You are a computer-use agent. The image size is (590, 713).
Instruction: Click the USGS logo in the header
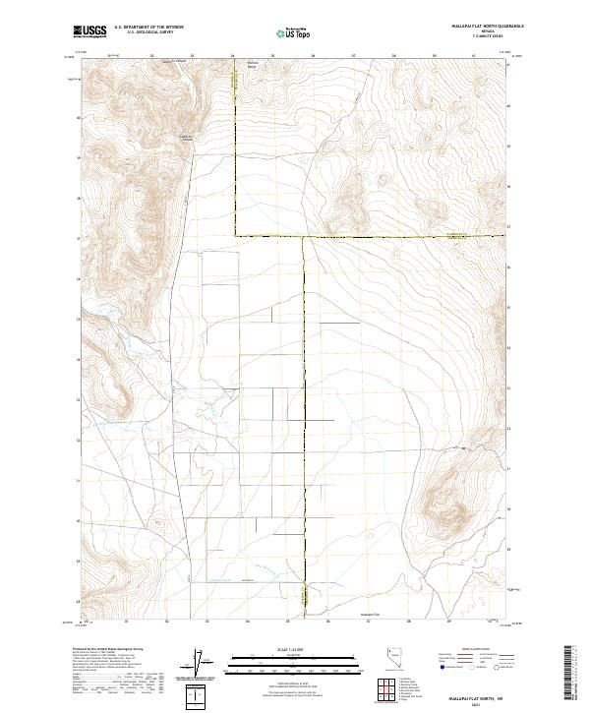coord(89,32)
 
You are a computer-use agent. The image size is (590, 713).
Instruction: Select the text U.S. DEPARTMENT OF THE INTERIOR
coord(148,29)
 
